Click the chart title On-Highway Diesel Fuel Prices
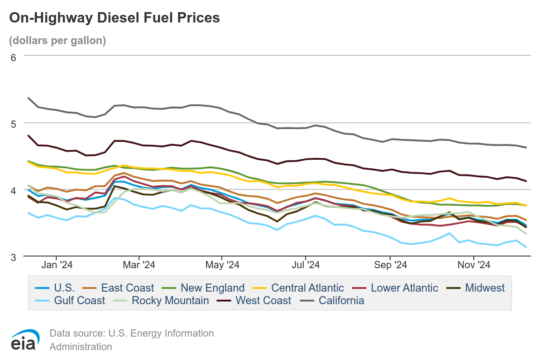(114, 18)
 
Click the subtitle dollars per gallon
(57, 40)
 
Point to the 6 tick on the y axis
(13, 57)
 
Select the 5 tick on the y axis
(13, 123)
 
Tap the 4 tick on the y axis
(13, 190)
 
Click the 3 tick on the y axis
(13, 257)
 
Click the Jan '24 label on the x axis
(57, 265)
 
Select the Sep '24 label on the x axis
(391, 265)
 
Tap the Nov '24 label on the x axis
(474, 265)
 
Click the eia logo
(23, 340)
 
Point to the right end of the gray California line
(526, 147)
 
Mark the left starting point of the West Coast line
(28, 135)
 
